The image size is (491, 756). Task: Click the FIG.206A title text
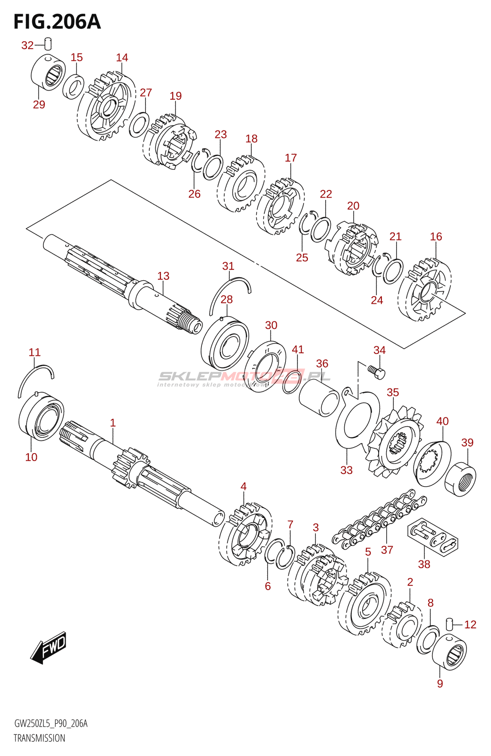pos(57,22)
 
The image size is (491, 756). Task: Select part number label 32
pos(27,45)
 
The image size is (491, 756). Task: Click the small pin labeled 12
pos(450,624)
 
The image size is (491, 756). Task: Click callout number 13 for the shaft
pos(163,276)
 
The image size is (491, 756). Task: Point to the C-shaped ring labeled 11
pos(35,379)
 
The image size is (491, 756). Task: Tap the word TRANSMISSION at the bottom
pos(39,738)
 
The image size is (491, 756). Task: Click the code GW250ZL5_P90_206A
pos(51,723)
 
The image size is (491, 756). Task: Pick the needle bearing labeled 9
pos(449,652)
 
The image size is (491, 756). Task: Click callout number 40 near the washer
pos(442,421)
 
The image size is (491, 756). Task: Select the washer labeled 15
pos(74,86)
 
